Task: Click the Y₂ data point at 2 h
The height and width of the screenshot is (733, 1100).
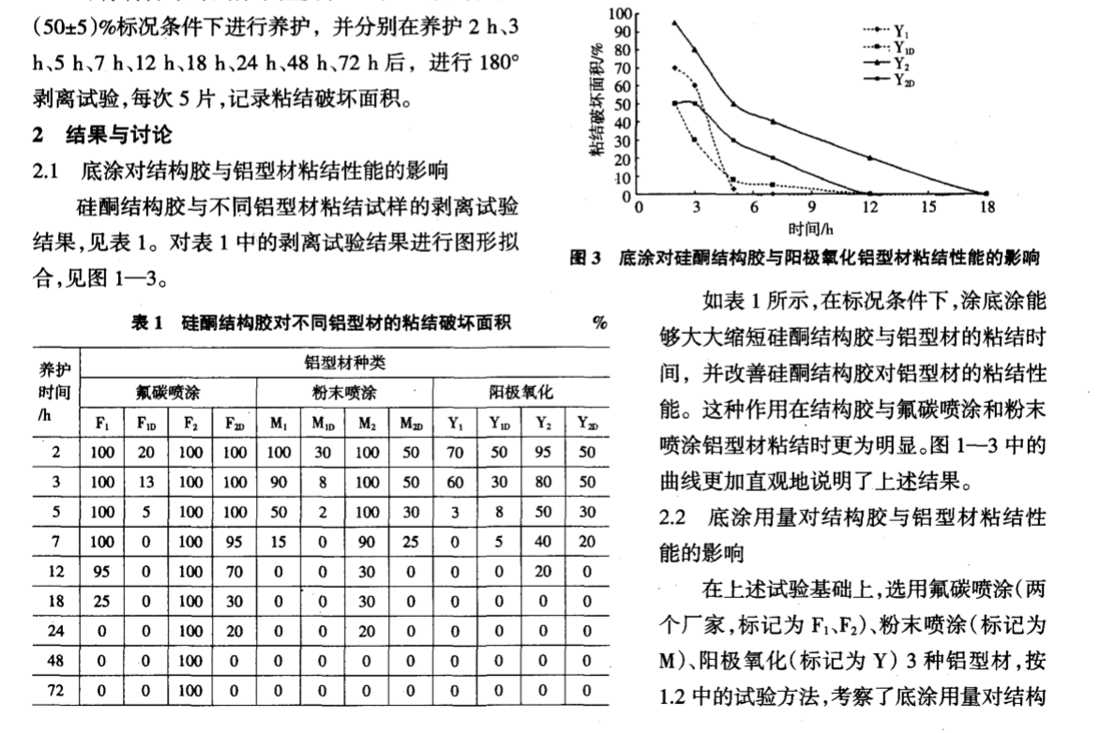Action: (x=674, y=22)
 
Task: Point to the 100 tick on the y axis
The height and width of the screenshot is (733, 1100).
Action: (x=620, y=13)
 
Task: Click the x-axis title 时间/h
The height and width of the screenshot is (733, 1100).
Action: (x=812, y=226)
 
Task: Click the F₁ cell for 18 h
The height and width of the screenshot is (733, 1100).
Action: (x=103, y=601)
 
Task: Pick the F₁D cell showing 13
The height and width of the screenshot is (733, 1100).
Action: (x=147, y=482)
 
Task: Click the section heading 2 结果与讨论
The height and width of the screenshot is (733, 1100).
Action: (x=102, y=137)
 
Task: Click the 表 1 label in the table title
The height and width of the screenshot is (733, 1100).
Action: (x=149, y=323)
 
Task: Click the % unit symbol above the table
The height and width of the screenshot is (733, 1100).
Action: (x=598, y=323)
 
